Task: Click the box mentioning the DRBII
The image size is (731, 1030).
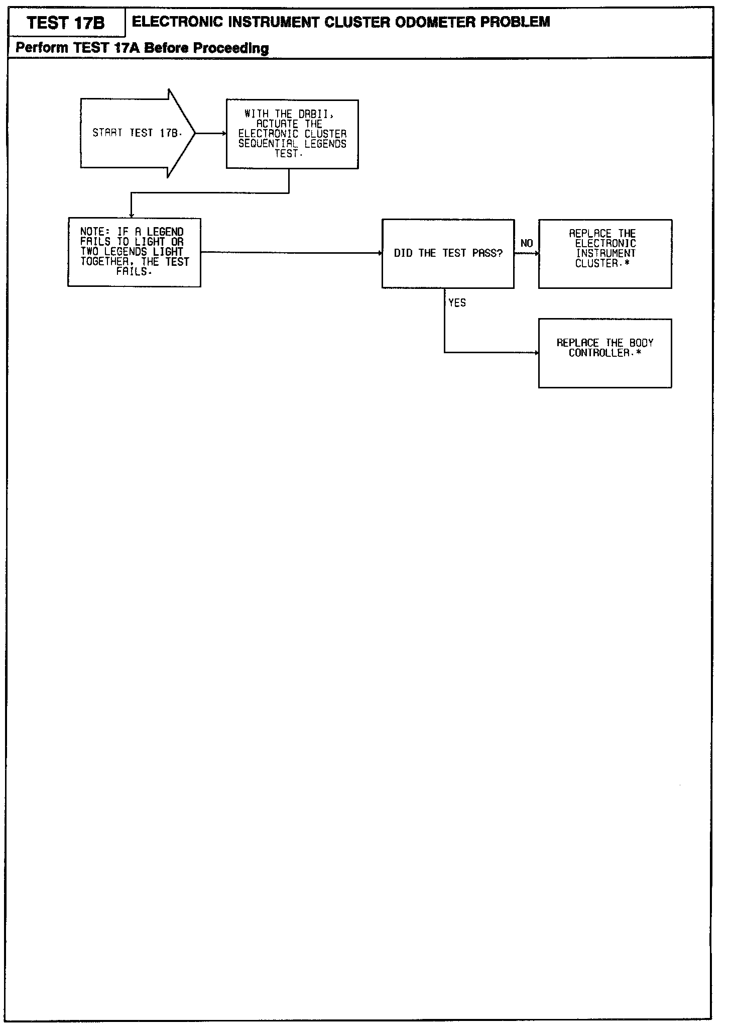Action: pos(292,134)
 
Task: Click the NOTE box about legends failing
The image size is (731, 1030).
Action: pos(134,252)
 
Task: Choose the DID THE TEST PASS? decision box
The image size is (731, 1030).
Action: pos(448,253)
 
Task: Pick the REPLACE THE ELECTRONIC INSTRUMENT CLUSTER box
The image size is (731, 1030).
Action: pos(605,254)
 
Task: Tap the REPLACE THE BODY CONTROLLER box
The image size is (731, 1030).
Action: pos(605,353)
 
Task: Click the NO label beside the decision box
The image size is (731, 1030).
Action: pos(527,244)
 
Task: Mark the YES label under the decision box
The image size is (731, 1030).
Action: pos(457,303)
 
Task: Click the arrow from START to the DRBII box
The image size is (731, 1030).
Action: pos(210,134)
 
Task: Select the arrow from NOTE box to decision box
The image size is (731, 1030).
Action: pos(291,253)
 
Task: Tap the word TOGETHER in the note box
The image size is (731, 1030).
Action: pos(104,262)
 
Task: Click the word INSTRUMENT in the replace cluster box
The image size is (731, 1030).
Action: pos(605,253)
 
